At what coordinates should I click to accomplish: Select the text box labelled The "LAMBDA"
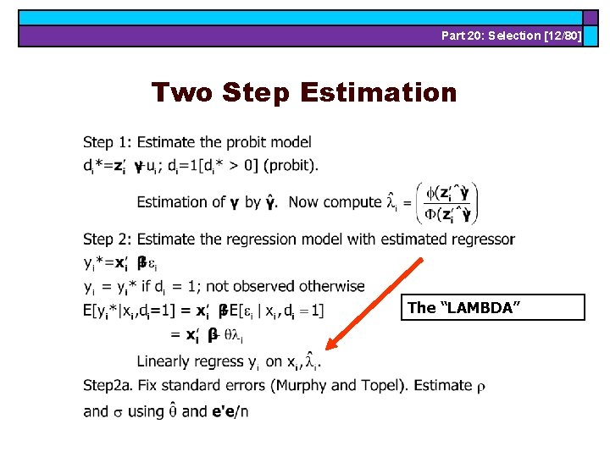pos(496,307)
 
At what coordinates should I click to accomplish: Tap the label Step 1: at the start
pos(108,142)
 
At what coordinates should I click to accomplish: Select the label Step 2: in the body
pos(108,239)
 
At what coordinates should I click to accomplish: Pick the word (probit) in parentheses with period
pos(291,165)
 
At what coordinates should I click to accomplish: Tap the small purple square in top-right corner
pos(595,17)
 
